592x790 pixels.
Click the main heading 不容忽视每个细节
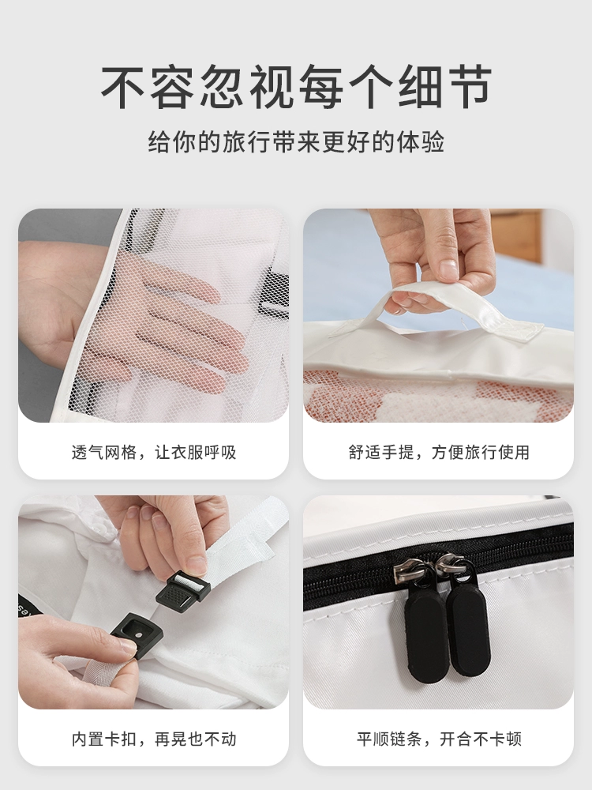point(296,87)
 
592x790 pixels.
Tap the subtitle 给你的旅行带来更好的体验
point(296,142)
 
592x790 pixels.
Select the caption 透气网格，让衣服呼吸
point(154,452)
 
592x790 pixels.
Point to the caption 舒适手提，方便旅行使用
point(438,452)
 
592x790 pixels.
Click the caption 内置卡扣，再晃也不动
point(154,739)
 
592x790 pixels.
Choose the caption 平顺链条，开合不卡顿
point(438,739)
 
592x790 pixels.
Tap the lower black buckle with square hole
point(129,630)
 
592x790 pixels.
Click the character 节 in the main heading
point(469,87)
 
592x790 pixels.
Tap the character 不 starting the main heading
point(124,87)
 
